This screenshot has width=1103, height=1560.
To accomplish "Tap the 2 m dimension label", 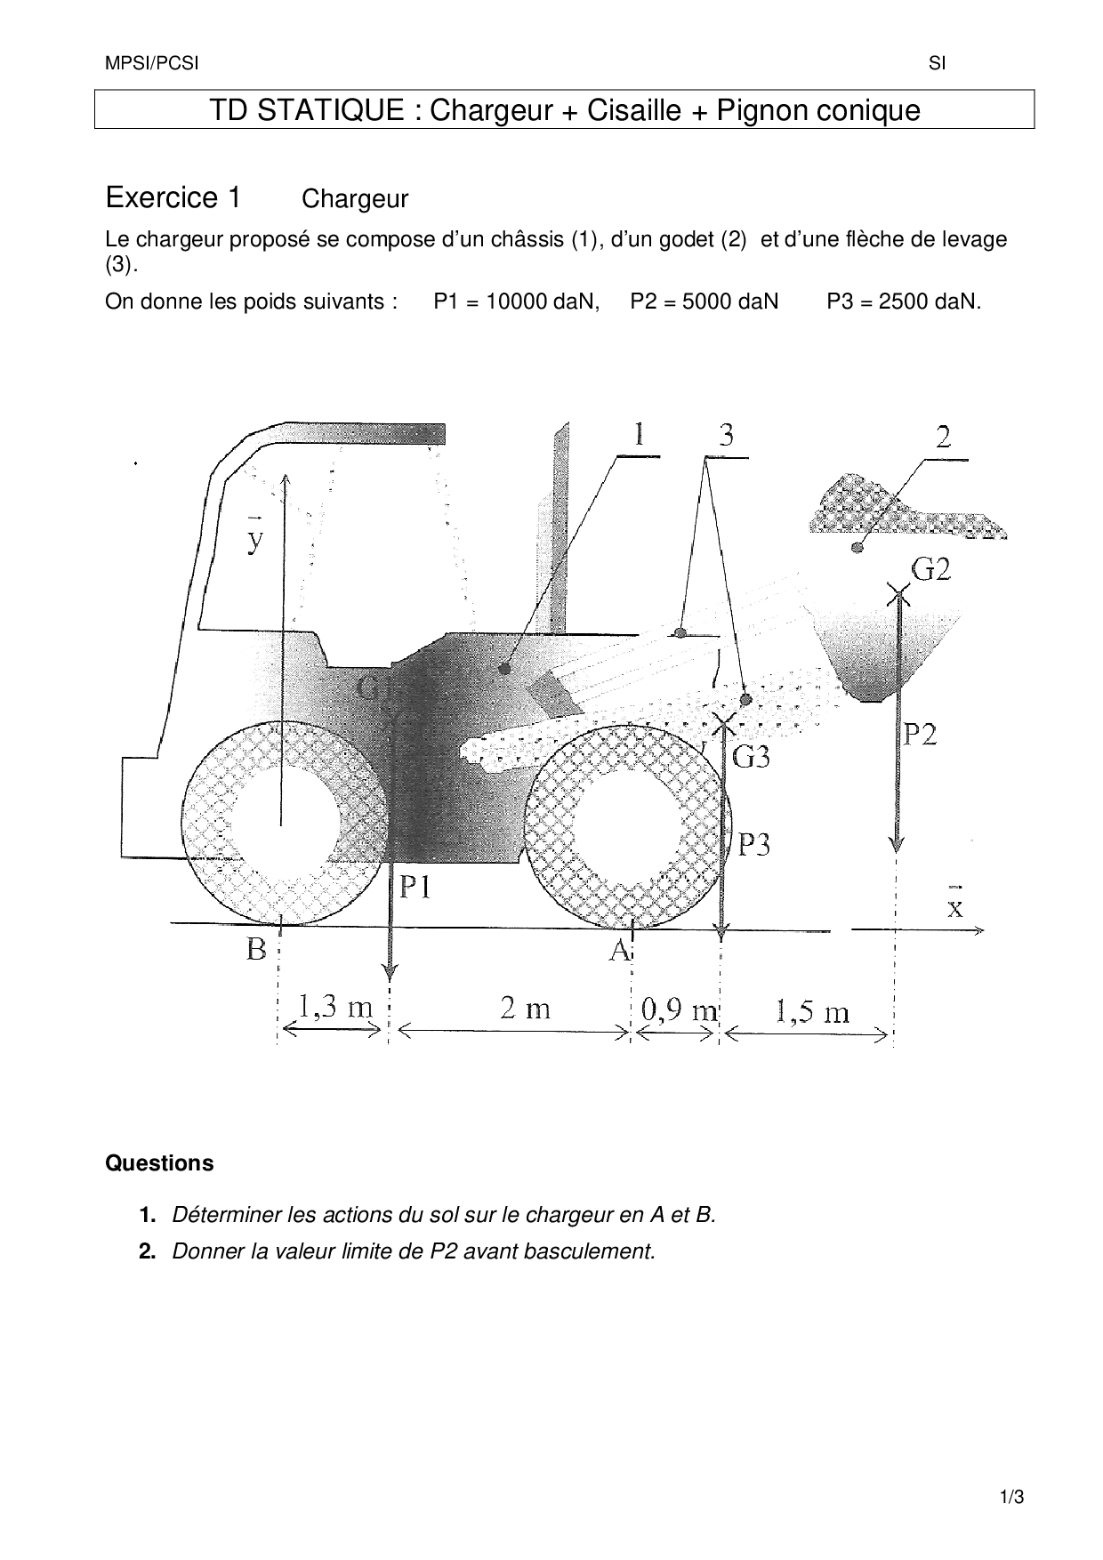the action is tap(525, 1008).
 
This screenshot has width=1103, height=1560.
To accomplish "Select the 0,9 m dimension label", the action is tap(680, 1009).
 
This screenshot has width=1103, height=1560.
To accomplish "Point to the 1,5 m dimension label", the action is tap(812, 1011).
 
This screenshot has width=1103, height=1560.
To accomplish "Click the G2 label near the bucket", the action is tap(930, 568).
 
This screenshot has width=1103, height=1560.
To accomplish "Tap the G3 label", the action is tap(751, 757).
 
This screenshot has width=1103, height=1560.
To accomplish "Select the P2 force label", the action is tap(921, 734).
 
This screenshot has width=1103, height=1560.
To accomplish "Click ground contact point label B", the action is tap(256, 949).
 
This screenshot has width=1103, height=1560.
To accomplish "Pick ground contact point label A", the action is tap(619, 950).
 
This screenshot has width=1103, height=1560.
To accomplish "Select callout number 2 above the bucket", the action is tap(943, 437).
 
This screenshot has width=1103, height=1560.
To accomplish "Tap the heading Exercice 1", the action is tap(173, 197).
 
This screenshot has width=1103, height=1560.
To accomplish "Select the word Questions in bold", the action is tap(159, 1162).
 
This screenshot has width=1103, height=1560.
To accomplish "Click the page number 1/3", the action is tap(1012, 1497).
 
